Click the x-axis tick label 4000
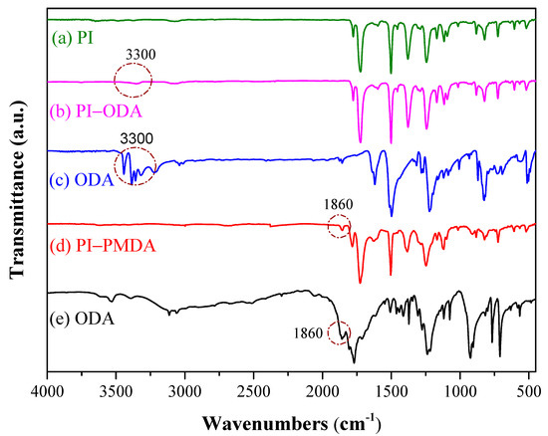click(x=47, y=394)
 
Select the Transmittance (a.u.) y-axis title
click(x=17, y=194)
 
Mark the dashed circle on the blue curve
click(x=136, y=163)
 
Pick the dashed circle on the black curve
click(x=340, y=334)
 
